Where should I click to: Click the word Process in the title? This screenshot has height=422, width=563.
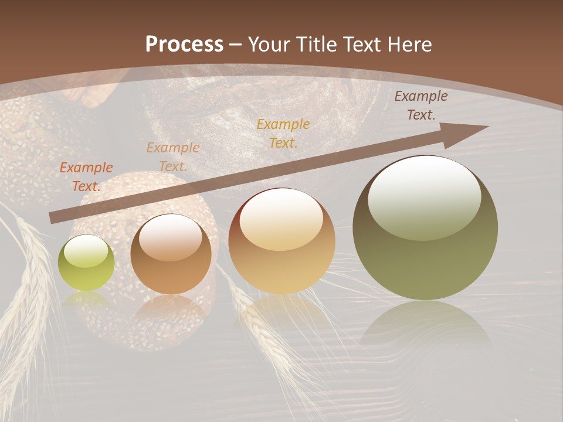pyautogui.click(x=184, y=45)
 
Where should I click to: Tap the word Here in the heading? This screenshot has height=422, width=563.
pyautogui.click(x=410, y=45)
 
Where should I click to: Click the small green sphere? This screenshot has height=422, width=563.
pyautogui.click(x=86, y=263)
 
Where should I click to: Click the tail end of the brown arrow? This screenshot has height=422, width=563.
pyautogui.click(x=53, y=217)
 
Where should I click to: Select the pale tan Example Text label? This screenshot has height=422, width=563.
pyautogui.click(x=173, y=157)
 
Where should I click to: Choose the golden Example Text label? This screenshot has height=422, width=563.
pyautogui.click(x=283, y=133)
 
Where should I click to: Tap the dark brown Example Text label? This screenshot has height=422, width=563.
pyautogui.click(x=421, y=105)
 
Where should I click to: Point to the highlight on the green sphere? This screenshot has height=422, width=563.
pyautogui.click(x=86, y=251)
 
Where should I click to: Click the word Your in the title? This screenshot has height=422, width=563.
pyautogui.click(x=267, y=45)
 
